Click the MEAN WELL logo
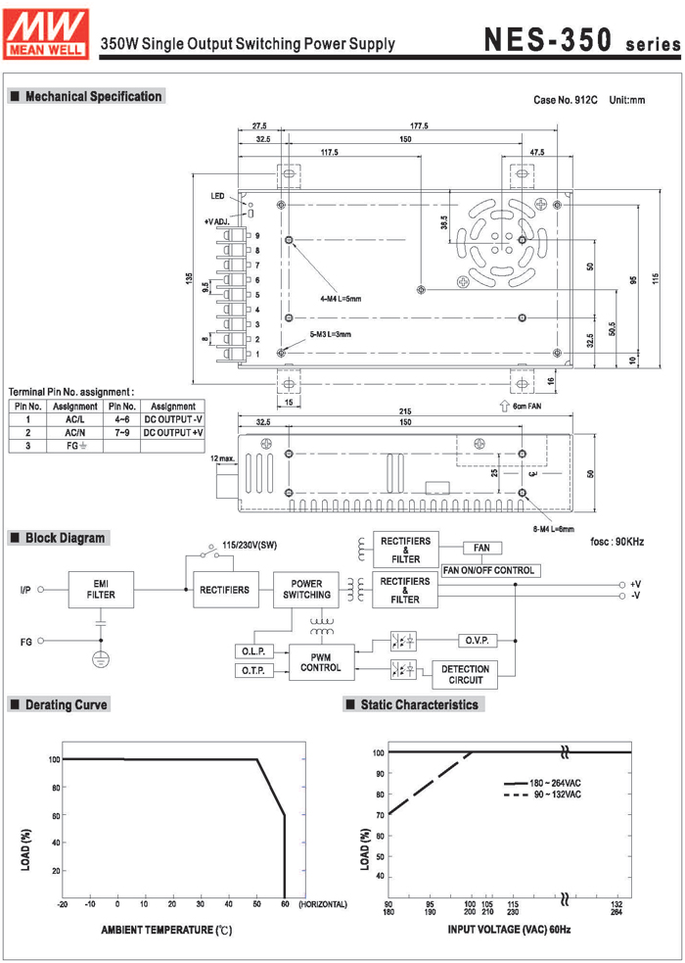(x=47, y=33)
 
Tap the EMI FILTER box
(x=100, y=590)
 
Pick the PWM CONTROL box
(x=319, y=662)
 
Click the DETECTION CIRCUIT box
(x=466, y=675)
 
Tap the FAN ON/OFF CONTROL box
(x=488, y=570)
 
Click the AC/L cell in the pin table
(x=73, y=418)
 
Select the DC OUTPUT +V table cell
(x=172, y=431)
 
